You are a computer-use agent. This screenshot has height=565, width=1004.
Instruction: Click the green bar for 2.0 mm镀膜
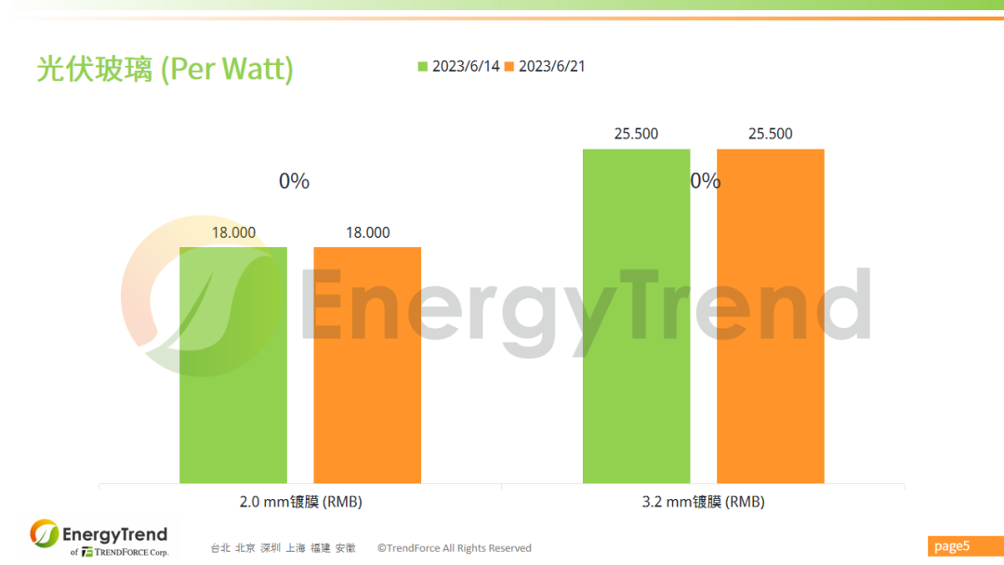point(233,364)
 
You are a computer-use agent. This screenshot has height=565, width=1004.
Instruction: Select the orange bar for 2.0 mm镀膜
point(367,364)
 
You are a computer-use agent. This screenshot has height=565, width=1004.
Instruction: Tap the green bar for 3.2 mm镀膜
point(637,316)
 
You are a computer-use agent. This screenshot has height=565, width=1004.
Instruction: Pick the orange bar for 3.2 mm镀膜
point(771,316)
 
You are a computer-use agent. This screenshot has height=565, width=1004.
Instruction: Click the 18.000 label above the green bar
point(233,232)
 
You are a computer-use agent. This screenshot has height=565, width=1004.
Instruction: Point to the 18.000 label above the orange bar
point(368,232)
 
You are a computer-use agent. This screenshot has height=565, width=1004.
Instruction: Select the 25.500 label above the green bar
point(636,134)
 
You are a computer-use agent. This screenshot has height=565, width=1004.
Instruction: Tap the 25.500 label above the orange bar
point(771,134)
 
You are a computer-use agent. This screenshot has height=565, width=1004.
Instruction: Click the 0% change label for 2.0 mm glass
point(294,181)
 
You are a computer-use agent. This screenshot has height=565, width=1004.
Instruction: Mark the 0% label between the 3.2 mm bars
point(706,181)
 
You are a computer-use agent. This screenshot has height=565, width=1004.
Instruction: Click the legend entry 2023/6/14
point(466,66)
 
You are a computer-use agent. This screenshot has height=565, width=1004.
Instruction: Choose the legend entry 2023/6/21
point(552,66)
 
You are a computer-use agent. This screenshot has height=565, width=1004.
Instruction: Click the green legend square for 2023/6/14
point(423,66)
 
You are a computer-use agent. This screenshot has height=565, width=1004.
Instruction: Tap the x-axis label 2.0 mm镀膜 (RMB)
point(300,502)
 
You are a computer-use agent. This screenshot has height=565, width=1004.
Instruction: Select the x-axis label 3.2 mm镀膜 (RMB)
point(703,502)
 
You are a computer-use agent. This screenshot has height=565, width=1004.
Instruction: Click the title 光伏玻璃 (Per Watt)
point(165,69)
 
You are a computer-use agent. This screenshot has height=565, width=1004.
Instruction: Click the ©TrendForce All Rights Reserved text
point(455,548)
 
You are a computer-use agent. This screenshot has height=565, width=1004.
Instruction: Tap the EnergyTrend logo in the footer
point(99,537)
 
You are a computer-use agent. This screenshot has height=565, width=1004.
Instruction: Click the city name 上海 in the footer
point(295,548)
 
